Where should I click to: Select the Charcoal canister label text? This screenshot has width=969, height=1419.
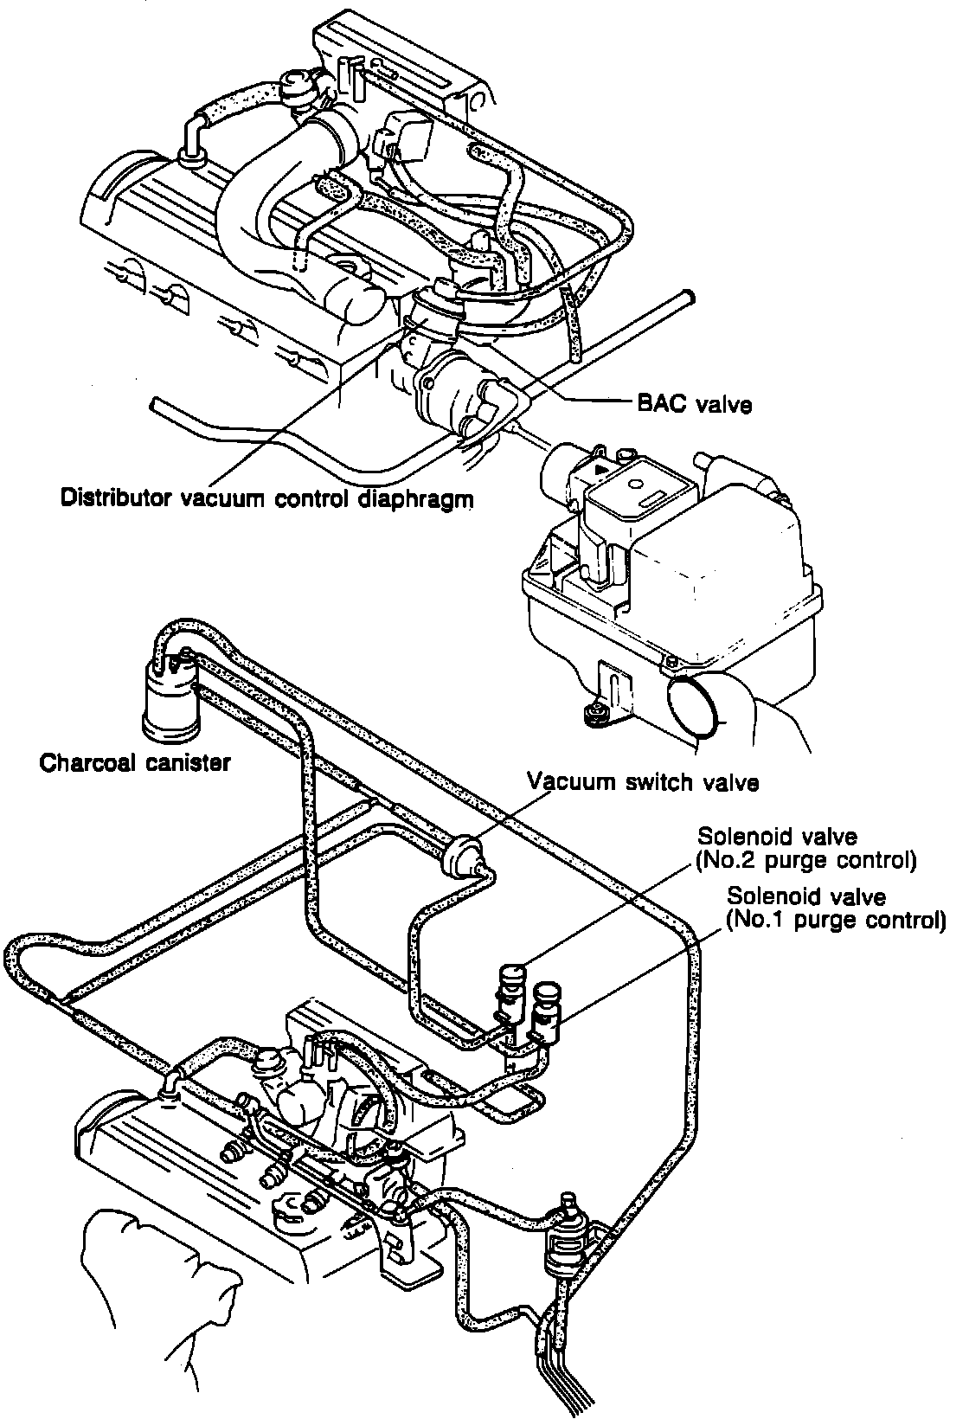tap(135, 763)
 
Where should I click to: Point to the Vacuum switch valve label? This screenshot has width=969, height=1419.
tap(644, 783)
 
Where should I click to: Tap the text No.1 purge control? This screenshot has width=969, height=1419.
tap(835, 919)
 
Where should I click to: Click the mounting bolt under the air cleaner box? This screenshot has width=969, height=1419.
tap(595, 713)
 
